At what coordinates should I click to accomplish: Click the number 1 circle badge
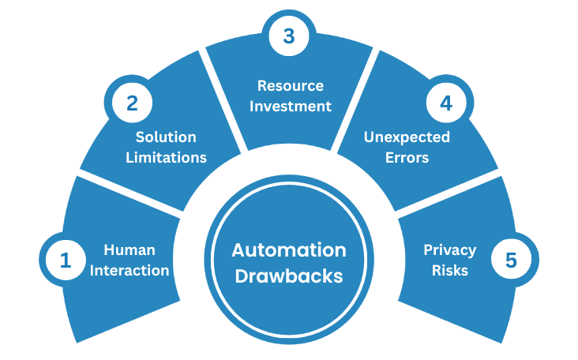click(66, 261)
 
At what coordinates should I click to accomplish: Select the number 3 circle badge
click(289, 36)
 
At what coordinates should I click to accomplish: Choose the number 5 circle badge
click(511, 261)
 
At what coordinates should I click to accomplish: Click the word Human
click(129, 250)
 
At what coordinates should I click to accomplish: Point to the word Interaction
click(137, 270)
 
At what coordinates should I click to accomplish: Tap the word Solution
click(166, 137)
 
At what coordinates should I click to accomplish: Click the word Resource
click(291, 85)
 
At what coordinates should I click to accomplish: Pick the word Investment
click(291, 106)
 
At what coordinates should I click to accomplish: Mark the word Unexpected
click(406, 137)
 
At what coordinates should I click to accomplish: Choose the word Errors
click(407, 157)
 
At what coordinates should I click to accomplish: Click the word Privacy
click(449, 250)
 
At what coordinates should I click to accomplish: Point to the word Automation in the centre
click(288, 250)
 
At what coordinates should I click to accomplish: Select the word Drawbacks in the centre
click(288, 276)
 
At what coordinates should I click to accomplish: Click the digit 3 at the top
click(289, 36)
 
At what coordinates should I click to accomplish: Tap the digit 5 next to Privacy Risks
click(511, 261)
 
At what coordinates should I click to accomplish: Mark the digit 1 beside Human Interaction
click(66, 261)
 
